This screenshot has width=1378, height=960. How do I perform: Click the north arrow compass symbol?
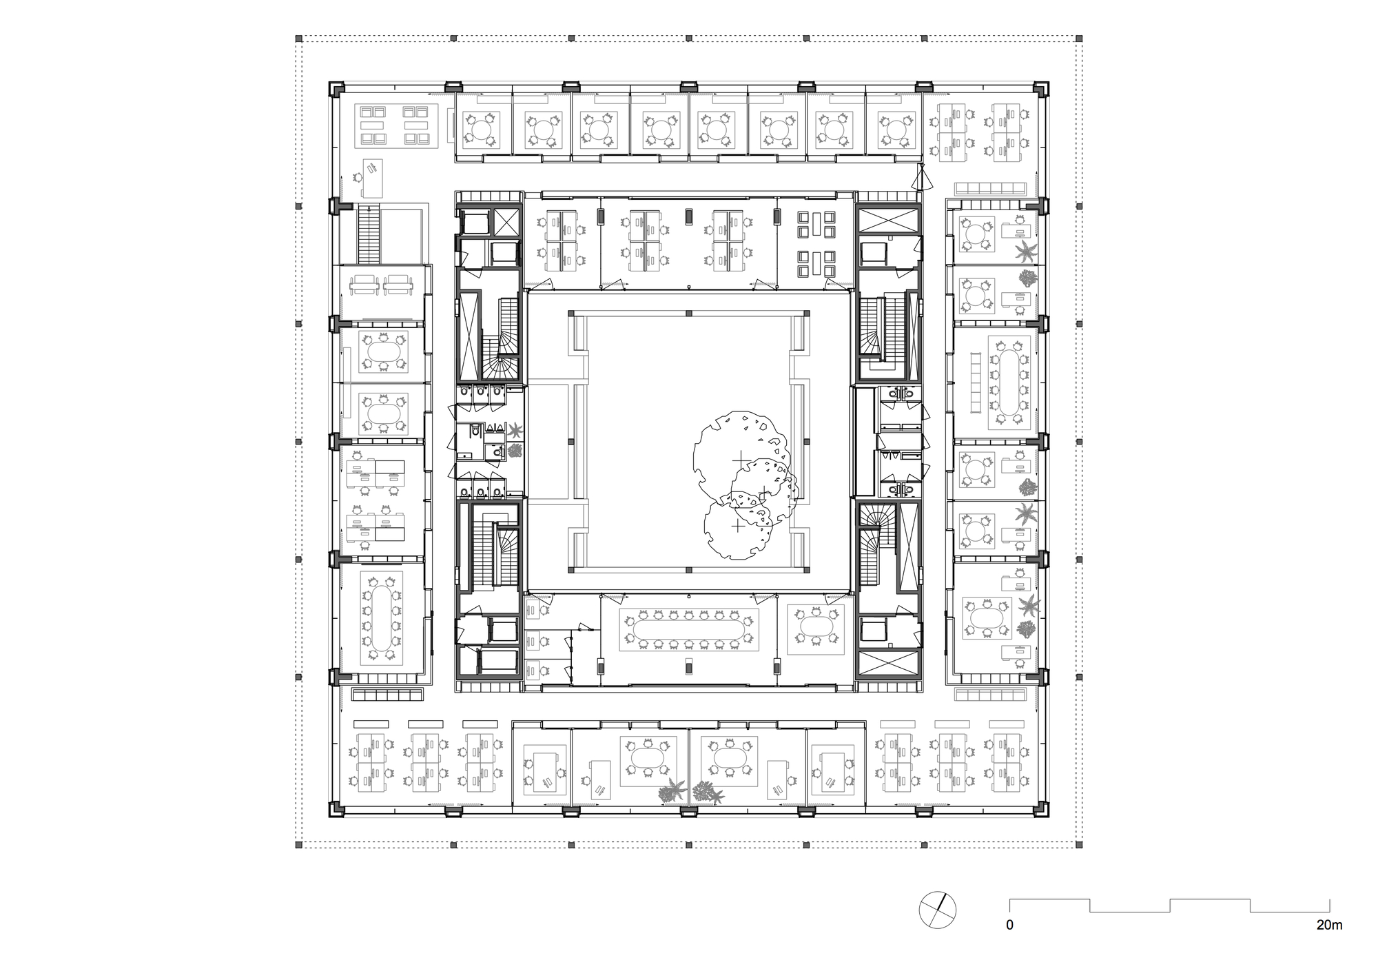[938, 910]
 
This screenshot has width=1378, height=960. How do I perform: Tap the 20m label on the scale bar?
[1329, 925]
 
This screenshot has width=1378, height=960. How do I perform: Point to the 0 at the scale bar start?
[1009, 925]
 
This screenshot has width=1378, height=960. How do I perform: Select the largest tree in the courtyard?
[739, 454]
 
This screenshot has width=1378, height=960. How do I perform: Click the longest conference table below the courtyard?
[689, 628]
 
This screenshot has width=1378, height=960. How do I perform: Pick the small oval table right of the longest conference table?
[816, 628]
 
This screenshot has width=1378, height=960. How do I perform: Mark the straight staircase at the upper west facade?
[369, 235]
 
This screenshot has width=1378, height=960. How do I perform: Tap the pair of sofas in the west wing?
[381, 283]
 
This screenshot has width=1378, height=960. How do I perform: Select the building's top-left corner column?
[336, 89]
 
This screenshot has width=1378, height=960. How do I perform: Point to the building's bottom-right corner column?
[1041, 809]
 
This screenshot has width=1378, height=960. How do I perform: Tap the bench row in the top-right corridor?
[991, 188]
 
